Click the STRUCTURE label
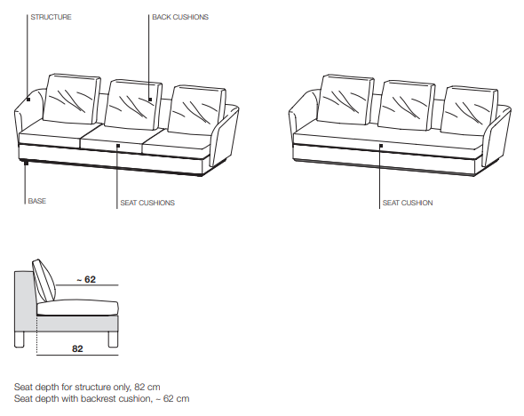pos(51,17)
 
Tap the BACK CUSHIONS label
pos(180,17)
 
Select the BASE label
pos(37,201)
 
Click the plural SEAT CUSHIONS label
pos(147,203)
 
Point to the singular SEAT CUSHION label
pos(408,203)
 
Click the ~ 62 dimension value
pos(86,279)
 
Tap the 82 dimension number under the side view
pos(77,348)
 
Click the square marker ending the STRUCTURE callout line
pos(28,100)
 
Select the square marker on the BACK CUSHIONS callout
pos(150,100)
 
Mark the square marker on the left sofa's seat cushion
pos(118,146)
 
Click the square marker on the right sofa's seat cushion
pos(381,146)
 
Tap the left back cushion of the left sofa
pos(72,99)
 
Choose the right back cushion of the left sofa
pos(197,109)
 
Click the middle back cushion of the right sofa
pos(407,105)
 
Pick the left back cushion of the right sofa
pos(345,100)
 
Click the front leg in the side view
pos(114,339)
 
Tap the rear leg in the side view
pos(20,339)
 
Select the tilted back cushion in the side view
pos(44,281)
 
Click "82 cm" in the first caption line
pos(147,388)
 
